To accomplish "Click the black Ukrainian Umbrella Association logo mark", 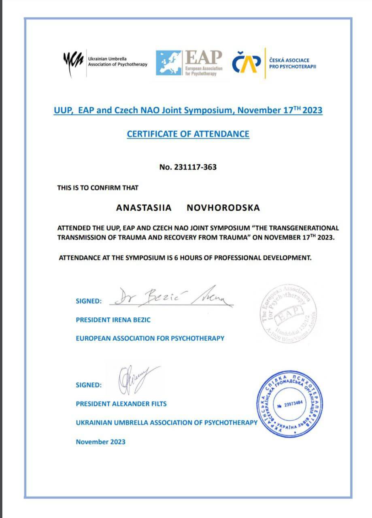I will click(x=73, y=63).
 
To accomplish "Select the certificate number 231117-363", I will click(x=188, y=166).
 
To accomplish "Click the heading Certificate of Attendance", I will click(x=188, y=134).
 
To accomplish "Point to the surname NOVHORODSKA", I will click(x=223, y=208).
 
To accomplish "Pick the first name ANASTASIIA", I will click(x=144, y=208).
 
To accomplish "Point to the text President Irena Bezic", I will click(x=113, y=320).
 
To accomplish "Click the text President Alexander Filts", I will click(x=121, y=403).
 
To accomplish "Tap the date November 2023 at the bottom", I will click(x=100, y=442).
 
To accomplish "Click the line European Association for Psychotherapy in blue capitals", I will click(x=150, y=338).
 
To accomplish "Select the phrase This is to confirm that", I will click(x=98, y=188).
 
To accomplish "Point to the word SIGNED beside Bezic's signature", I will click(x=89, y=301).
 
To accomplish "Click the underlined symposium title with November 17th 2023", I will click(x=188, y=110).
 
